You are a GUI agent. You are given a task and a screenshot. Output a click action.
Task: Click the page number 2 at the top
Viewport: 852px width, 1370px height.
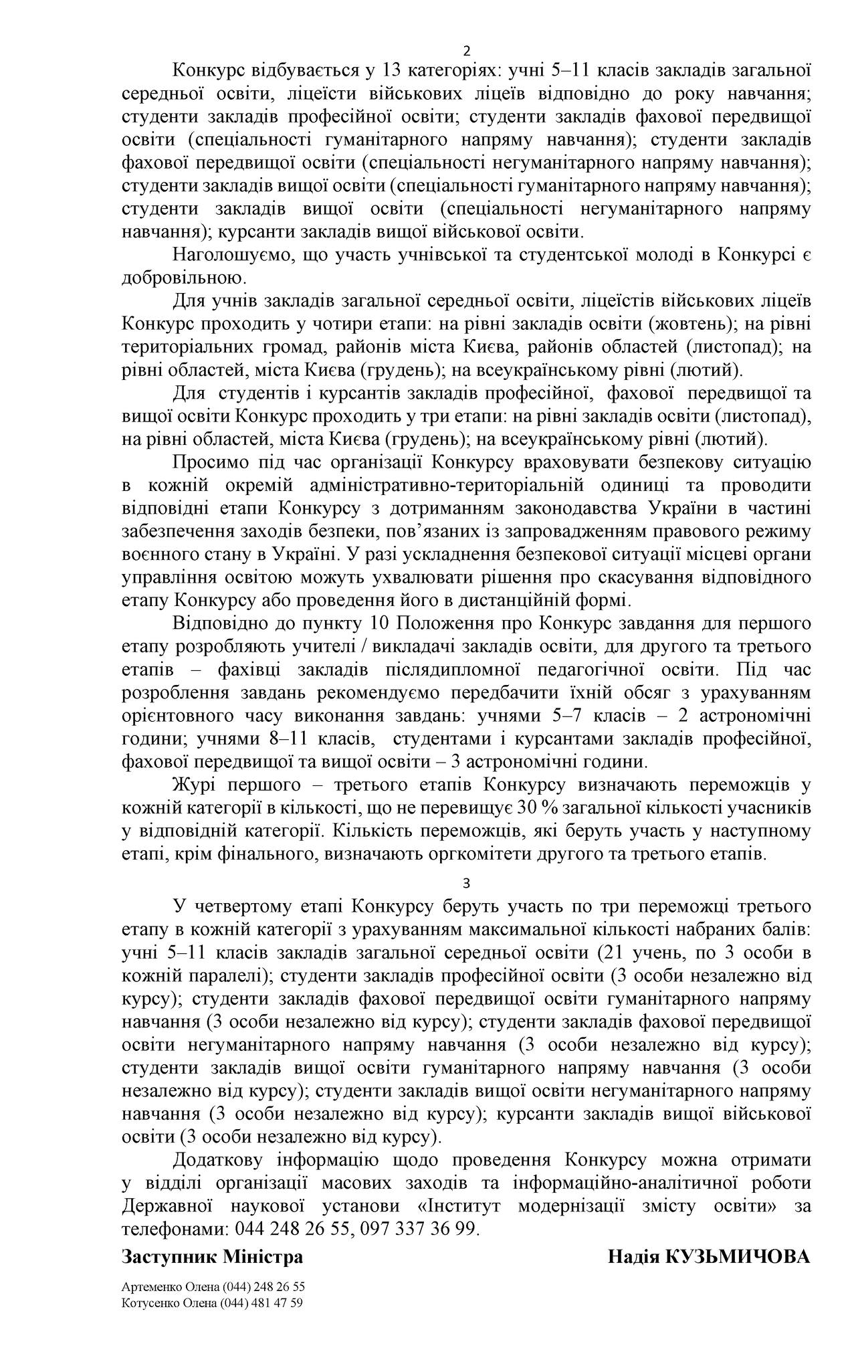coord(466,52)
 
